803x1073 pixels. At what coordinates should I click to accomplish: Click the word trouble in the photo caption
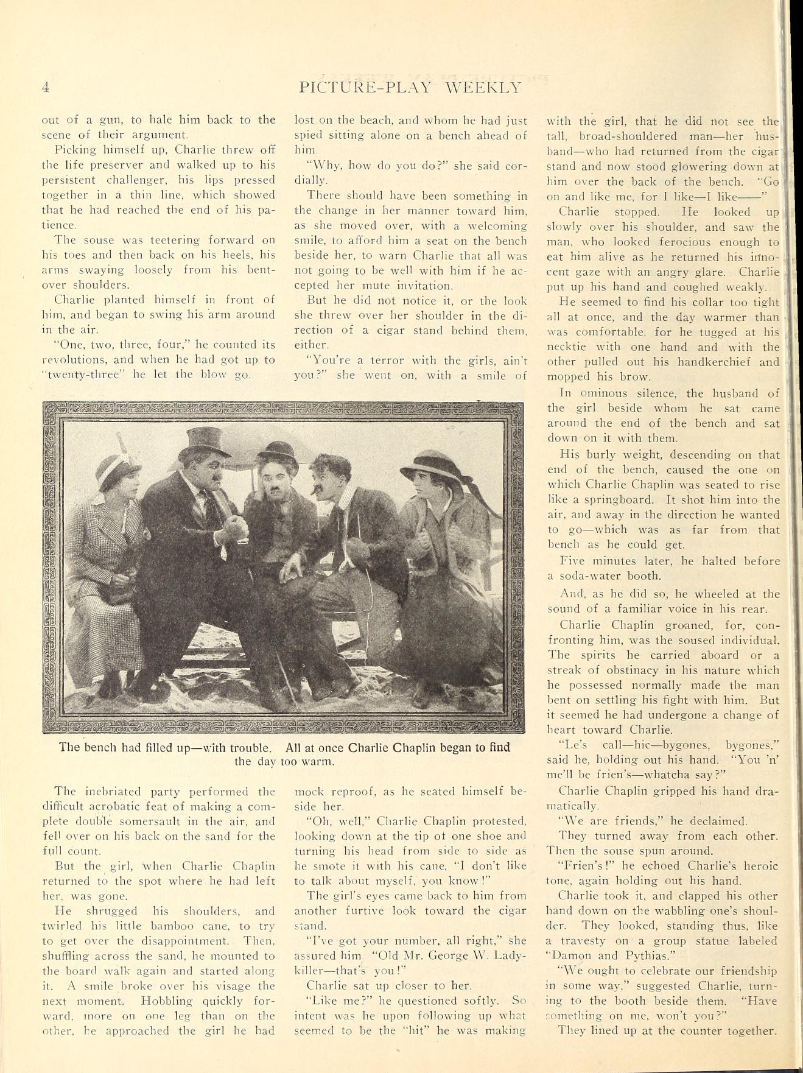coord(246,747)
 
